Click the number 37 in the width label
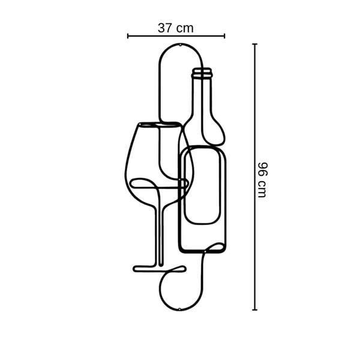(x=164, y=28)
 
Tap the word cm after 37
(x=185, y=29)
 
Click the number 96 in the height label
(x=263, y=169)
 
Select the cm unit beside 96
(x=262, y=188)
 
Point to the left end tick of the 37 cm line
(x=128, y=36)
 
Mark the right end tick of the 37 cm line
(x=224, y=36)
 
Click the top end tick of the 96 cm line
(x=254, y=44)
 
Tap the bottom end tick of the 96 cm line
(x=254, y=310)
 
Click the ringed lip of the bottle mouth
(x=202, y=73)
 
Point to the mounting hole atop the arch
(x=180, y=45)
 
